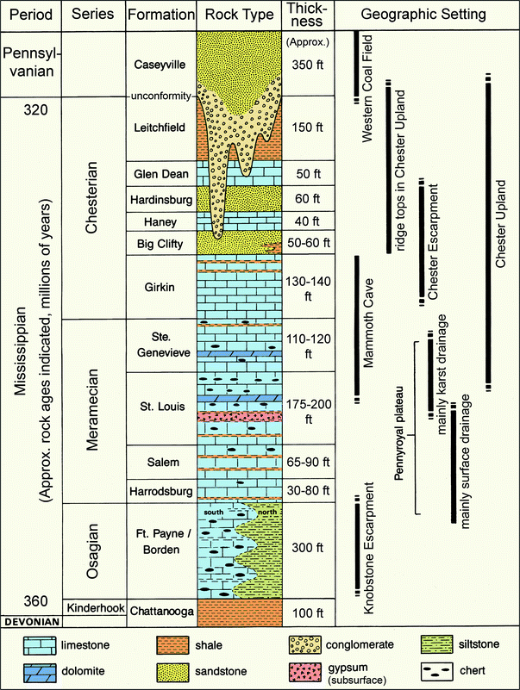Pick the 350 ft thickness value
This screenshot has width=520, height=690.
(x=306, y=64)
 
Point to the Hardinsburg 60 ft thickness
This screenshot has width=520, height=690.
(x=306, y=199)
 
